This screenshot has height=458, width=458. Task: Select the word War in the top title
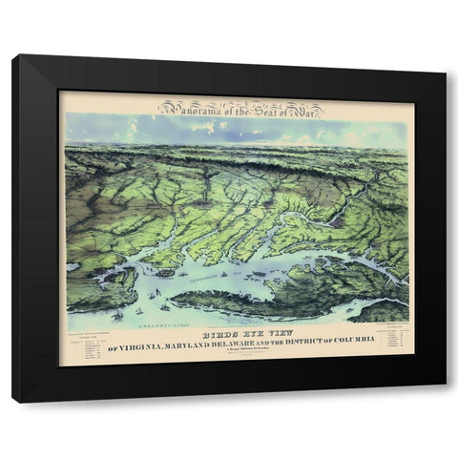(x=304, y=108)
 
